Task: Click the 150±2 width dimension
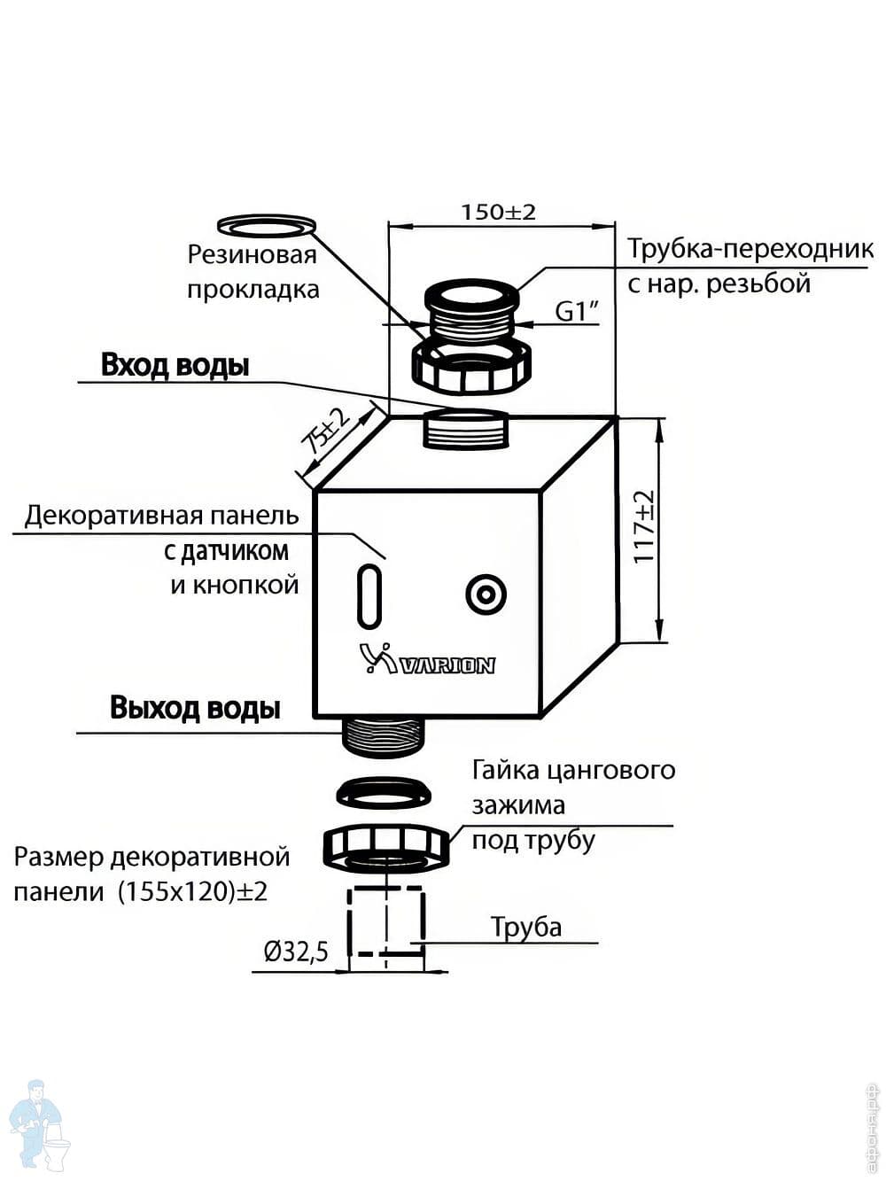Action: coord(498,213)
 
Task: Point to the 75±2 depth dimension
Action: coord(327,431)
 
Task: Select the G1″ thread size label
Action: coord(578,311)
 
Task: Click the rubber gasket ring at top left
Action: coord(267,225)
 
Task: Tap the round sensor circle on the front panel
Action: coord(486,594)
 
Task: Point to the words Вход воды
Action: coord(175,365)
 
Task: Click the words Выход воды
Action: coord(195,708)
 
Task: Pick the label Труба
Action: coord(526,927)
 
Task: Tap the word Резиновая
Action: coord(252,255)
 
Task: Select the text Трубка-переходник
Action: coord(750,249)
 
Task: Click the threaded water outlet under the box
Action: coord(384,735)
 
